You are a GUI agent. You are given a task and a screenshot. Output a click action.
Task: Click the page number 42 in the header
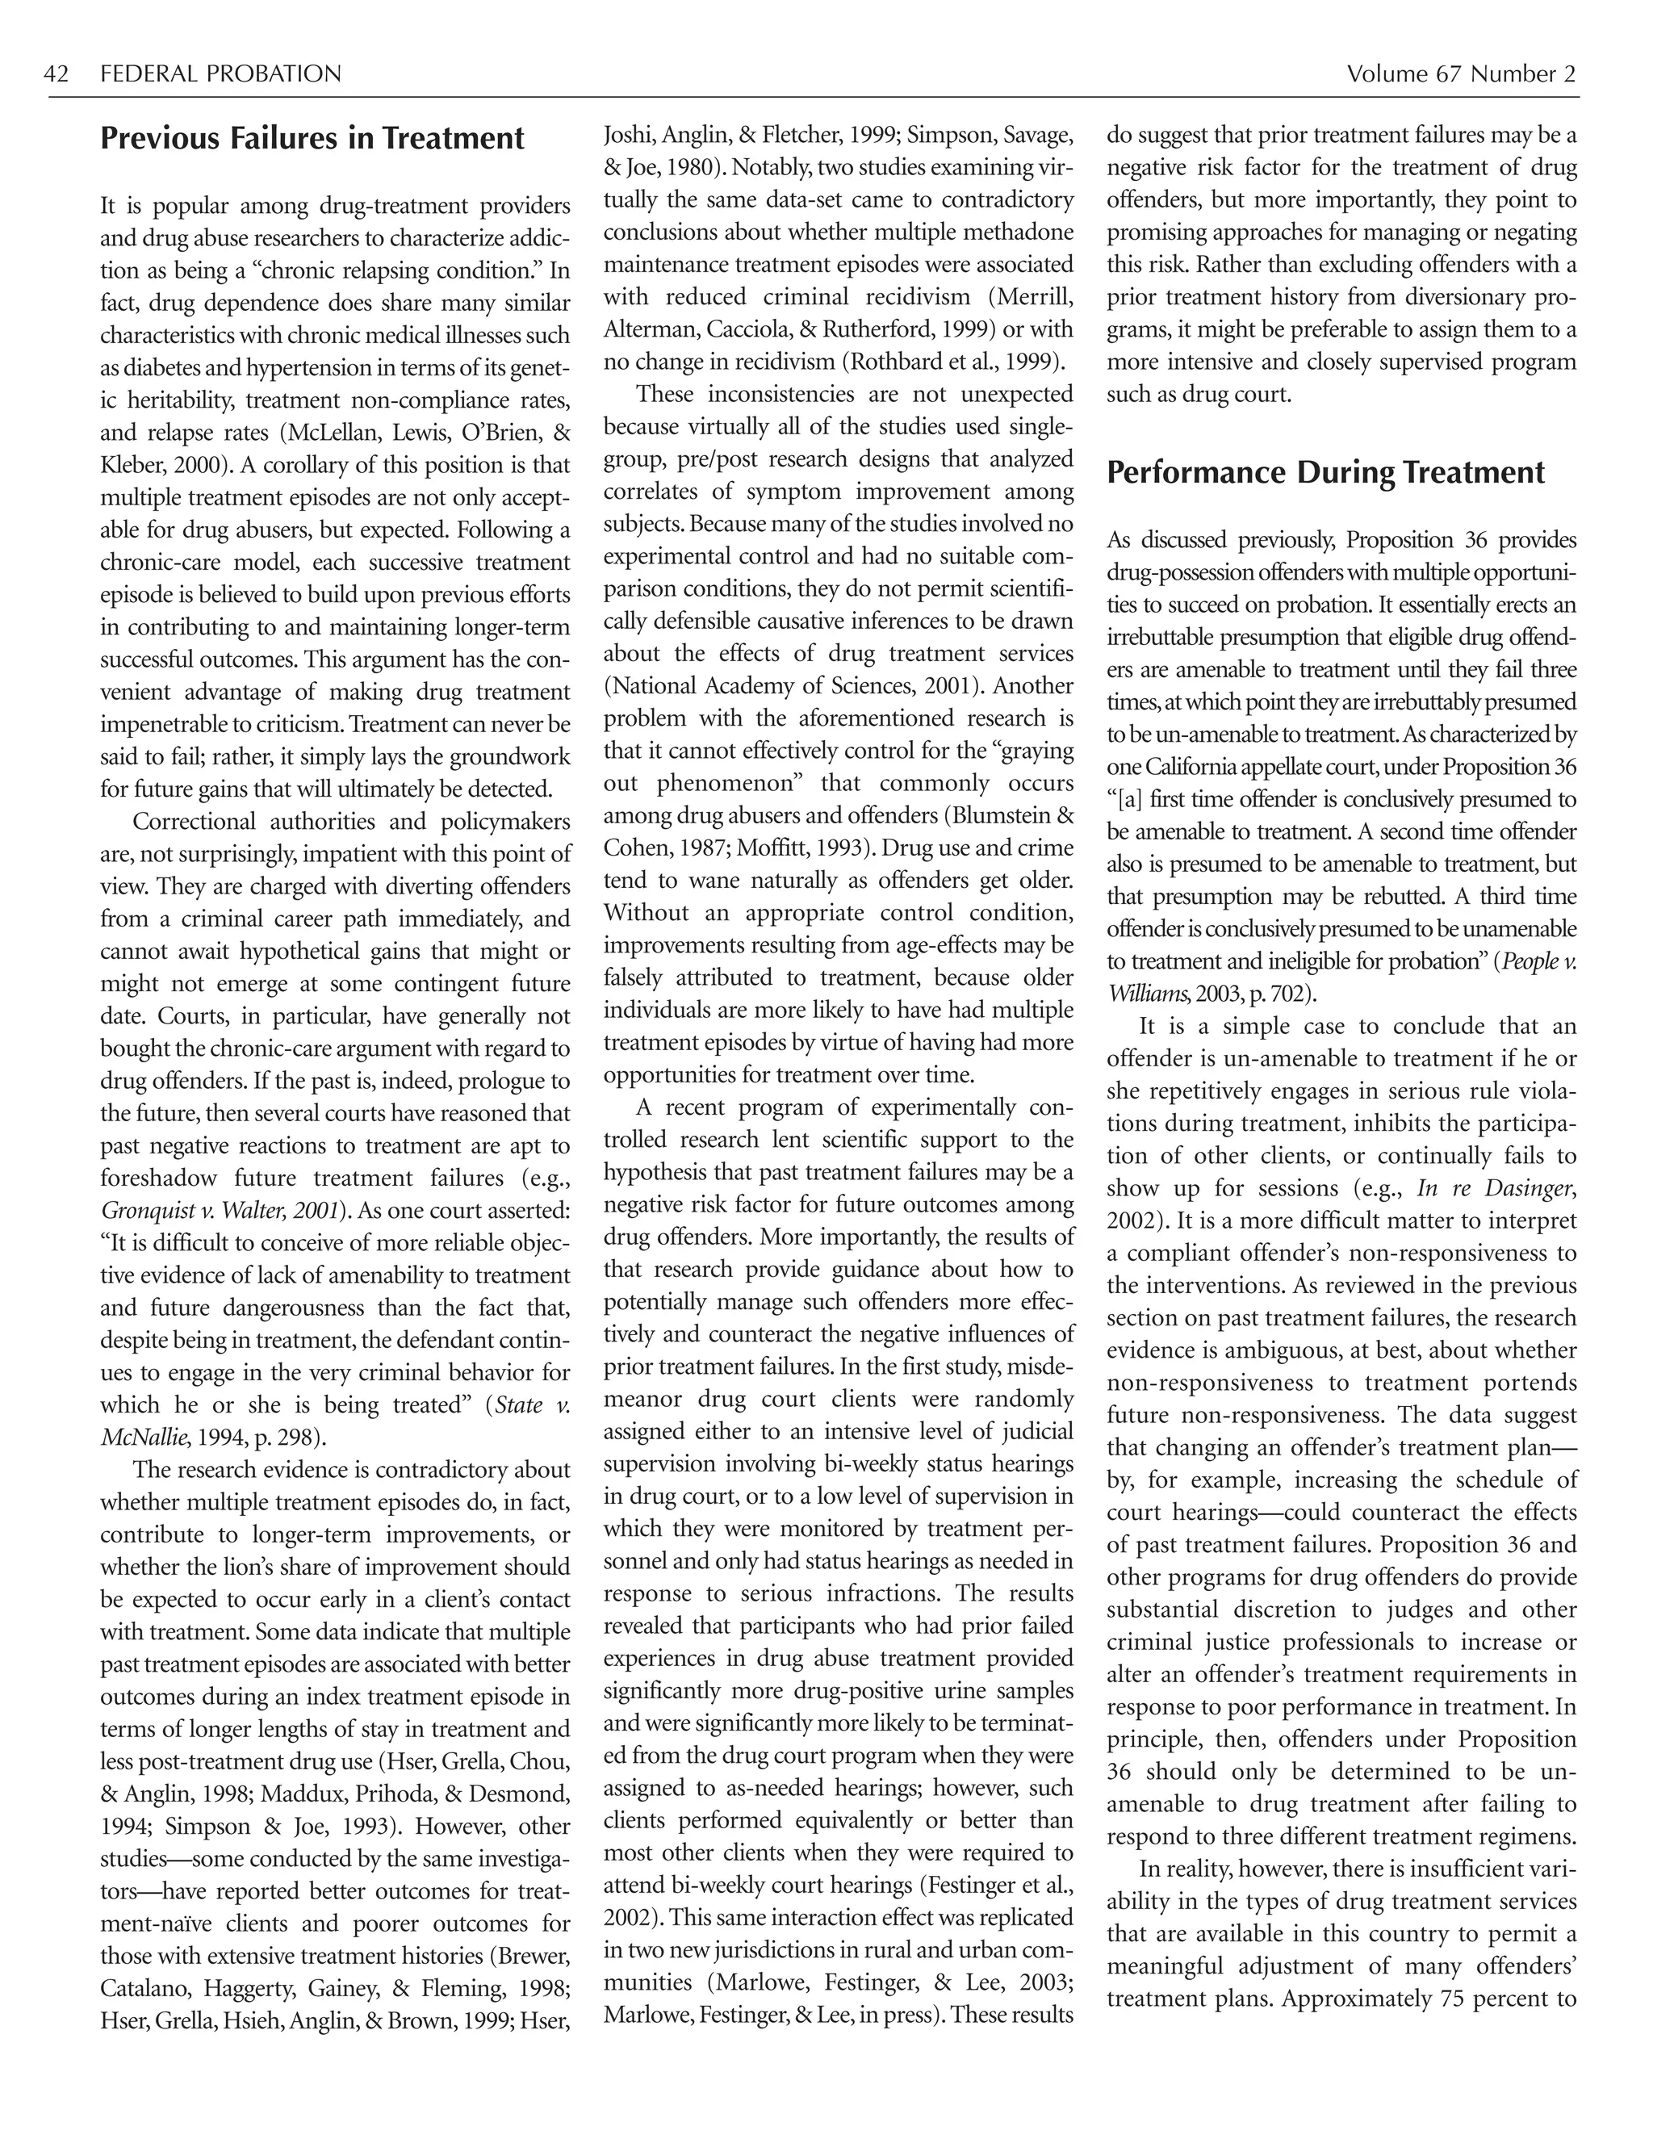[x=56, y=74]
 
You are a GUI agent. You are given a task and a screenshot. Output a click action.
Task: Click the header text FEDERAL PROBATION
[x=220, y=74]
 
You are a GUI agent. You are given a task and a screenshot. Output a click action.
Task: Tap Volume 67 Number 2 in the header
[x=1460, y=74]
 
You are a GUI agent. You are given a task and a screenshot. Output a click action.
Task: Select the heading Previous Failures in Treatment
[x=312, y=138]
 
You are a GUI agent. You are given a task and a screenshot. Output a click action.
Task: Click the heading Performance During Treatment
[x=1325, y=472]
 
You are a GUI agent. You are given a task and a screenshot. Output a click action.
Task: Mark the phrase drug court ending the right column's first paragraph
[x=1240, y=394]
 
